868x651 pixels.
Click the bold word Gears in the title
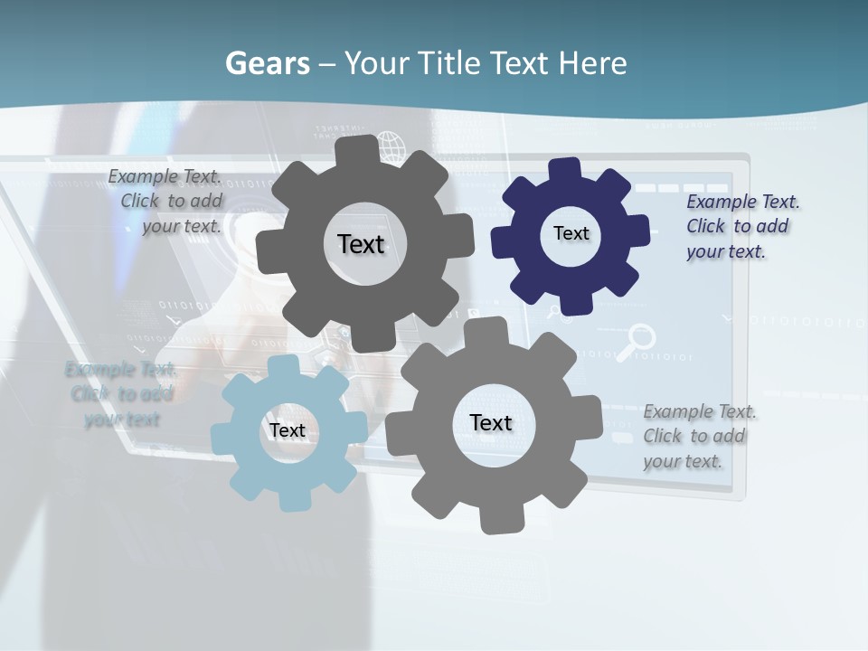coord(267,63)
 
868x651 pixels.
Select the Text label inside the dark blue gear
coord(571,233)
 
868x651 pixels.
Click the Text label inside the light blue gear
coord(287,430)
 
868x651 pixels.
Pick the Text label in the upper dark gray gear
coord(361,244)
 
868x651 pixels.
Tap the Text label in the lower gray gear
coord(491,422)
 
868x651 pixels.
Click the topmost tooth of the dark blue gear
coord(565,169)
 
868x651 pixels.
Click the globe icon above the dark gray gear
coord(390,145)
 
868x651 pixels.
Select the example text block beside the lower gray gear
coord(699,436)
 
